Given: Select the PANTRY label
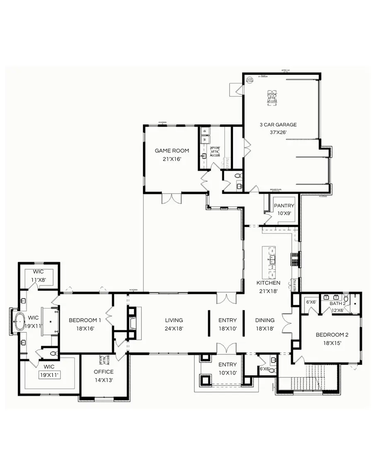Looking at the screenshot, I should click(284, 206).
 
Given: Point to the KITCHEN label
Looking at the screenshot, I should click(268, 283).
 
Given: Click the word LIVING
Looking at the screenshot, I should click(174, 320).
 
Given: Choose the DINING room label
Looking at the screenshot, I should click(265, 320).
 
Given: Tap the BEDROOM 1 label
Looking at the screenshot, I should click(85, 320).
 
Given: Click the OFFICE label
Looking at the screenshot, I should click(104, 371).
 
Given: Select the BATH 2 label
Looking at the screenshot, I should click(337, 304).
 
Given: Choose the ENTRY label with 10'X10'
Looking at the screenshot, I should click(228, 364).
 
